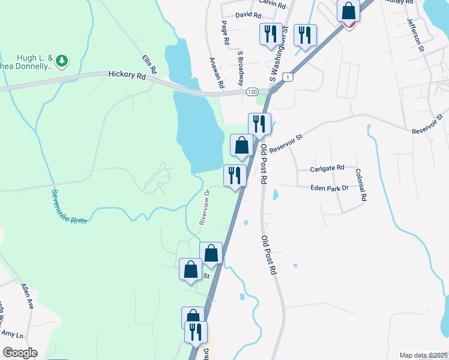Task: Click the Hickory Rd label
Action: pos(127,76)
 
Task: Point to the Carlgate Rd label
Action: pos(327,168)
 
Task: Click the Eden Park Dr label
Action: pos(330,188)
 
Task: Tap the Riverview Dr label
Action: pos(204,207)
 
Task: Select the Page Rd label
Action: pos(226,33)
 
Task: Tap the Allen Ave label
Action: pos(28,296)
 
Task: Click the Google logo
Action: pos(20,353)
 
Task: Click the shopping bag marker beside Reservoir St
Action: pos(241,145)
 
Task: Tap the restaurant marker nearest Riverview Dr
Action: pos(234,175)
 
